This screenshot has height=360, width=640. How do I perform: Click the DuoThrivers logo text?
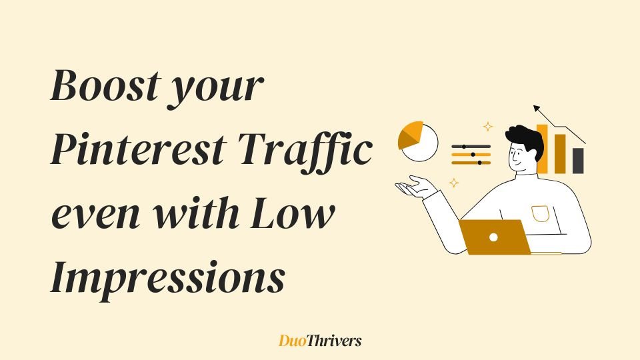[x=320, y=341]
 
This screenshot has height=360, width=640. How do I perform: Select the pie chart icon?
[x=417, y=141]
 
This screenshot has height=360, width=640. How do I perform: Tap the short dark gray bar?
[x=578, y=161]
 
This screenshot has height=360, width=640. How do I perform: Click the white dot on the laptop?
[x=493, y=237]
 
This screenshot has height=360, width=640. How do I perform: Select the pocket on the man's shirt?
[x=540, y=214]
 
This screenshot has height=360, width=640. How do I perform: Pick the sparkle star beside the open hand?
[x=454, y=183]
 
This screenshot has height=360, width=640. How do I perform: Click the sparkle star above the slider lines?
[x=488, y=127]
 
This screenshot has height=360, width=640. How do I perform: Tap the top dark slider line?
[x=471, y=147]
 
